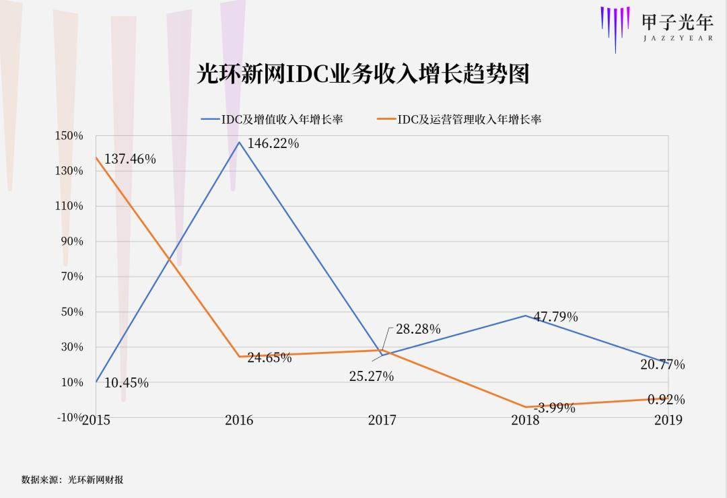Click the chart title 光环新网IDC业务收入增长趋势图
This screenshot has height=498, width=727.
(x=363, y=74)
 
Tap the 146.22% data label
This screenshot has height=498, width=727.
(x=273, y=143)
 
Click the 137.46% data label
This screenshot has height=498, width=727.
(x=130, y=159)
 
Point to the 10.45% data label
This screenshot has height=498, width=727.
(x=127, y=383)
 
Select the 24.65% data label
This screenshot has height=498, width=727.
(x=269, y=358)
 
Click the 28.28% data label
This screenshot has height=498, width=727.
(x=418, y=329)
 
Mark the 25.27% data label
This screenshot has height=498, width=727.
(x=371, y=377)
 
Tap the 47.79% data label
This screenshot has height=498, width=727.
(x=555, y=317)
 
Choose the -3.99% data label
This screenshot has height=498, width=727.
(x=554, y=408)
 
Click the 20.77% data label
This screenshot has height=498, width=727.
(x=662, y=365)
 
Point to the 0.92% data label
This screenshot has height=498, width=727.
(x=666, y=400)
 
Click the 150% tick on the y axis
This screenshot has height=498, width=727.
(x=69, y=136)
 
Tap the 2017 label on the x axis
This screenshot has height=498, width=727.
(x=382, y=421)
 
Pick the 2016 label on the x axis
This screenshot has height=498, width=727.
(x=239, y=421)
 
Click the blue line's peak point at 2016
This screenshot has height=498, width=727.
(x=239, y=142)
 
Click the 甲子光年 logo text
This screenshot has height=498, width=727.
(x=677, y=22)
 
